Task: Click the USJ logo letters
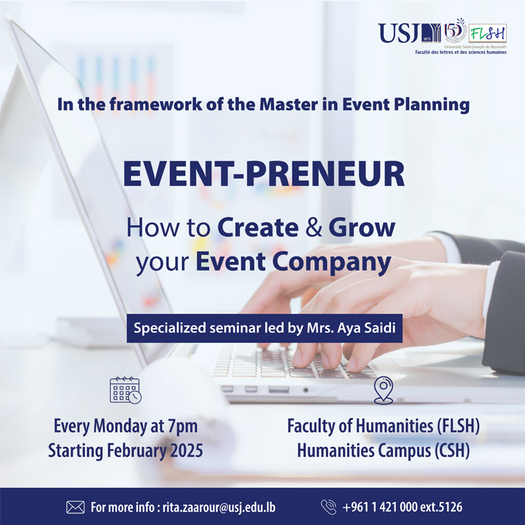coord(398,33)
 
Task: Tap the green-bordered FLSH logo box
coord(488,33)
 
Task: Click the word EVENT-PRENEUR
coord(264,174)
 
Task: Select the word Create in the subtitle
coord(258,227)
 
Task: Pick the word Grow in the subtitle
coord(362,227)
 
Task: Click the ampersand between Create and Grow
coord(314,227)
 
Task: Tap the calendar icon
coord(125,390)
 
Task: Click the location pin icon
coord(384,390)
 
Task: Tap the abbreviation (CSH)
coord(452,451)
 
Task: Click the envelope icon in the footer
coord(75,507)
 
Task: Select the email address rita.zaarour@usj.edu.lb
coord(219,507)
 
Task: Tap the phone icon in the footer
coord(328,507)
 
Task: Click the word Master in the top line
coord(288,104)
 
